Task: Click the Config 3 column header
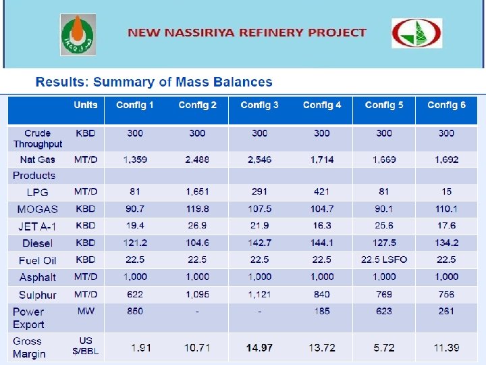click(x=259, y=105)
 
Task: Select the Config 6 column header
click(x=446, y=105)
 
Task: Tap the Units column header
click(x=86, y=105)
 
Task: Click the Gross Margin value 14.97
click(x=259, y=347)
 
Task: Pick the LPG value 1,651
click(x=197, y=192)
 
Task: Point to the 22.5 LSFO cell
click(x=384, y=260)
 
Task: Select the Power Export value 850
click(x=135, y=312)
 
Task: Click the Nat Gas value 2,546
click(x=259, y=160)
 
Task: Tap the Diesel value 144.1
click(x=322, y=243)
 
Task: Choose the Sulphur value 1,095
click(x=197, y=295)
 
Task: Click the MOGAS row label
click(x=38, y=210)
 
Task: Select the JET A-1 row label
click(x=38, y=226)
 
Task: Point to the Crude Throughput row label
click(x=38, y=139)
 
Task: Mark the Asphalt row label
click(x=38, y=277)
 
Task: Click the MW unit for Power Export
click(x=86, y=312)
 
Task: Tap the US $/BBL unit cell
click(x=86, y=345)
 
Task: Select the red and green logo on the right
click(x=417, y=33)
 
